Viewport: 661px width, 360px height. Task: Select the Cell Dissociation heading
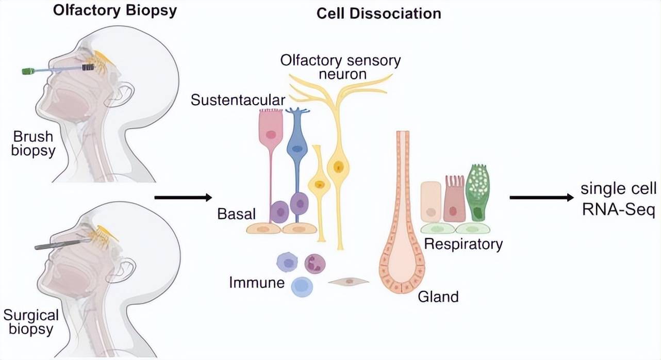click(378, 13)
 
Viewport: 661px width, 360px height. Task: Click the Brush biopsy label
click(33, 144)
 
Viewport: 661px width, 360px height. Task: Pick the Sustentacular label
click(238, 100)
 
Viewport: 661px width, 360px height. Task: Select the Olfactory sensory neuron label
click(340, 67)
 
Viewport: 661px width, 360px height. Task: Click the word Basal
click(237, 213)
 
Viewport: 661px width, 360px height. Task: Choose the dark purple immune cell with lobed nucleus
click(315, 264)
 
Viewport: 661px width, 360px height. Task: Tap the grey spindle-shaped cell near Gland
click(349, 282)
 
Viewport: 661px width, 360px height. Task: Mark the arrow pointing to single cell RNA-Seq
click(541, 198)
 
